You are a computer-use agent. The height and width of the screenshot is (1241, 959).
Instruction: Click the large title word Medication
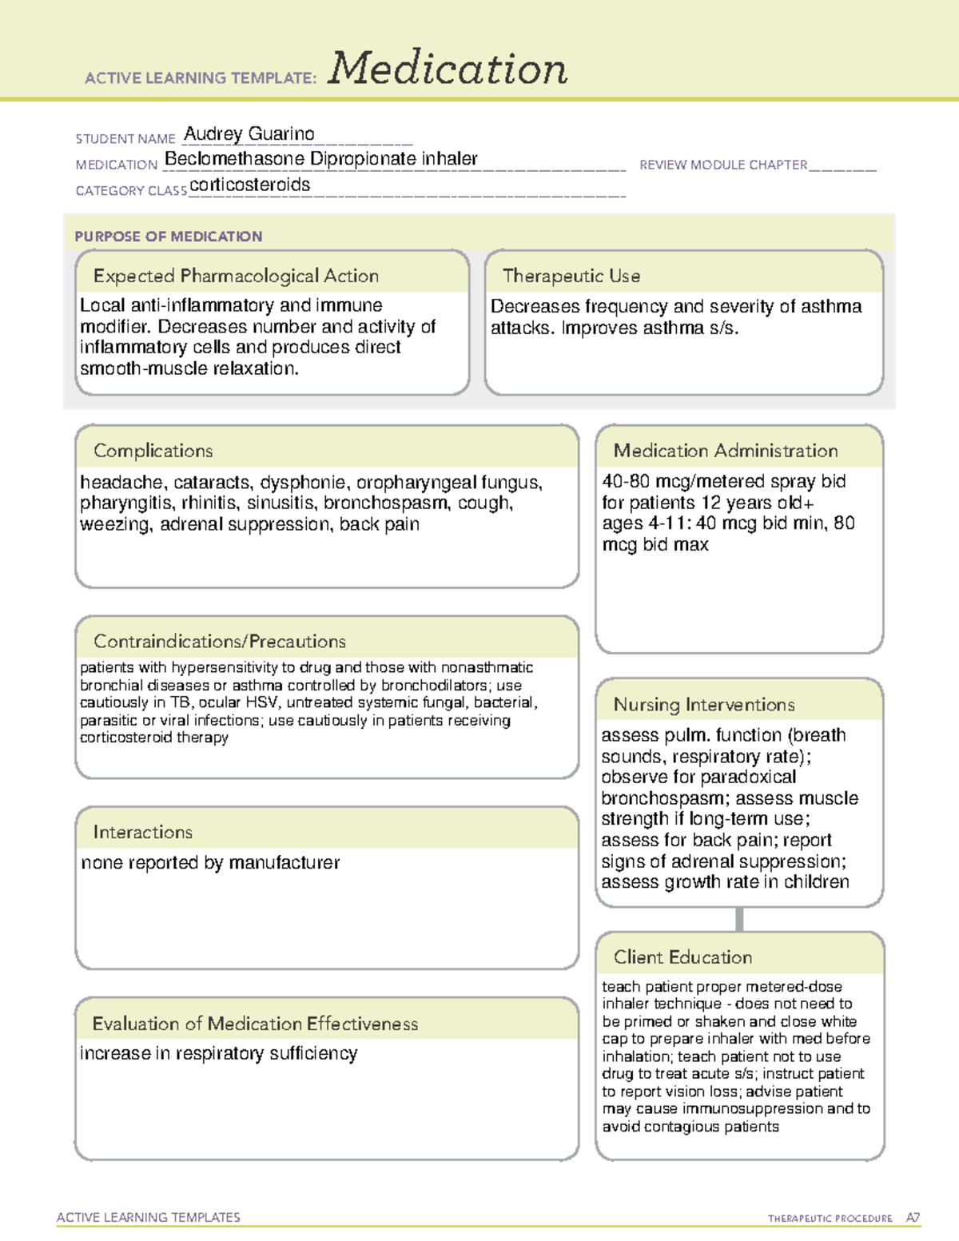point(448,69)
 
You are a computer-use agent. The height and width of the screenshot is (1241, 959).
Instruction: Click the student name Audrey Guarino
point(249,133)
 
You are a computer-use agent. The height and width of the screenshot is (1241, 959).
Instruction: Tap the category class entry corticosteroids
point(249,185)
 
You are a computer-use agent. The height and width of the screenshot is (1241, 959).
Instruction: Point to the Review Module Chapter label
point(723,165)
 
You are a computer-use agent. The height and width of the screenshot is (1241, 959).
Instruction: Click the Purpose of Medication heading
point(168,237)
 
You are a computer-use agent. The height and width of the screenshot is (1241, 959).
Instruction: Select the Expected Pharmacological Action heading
point(236,276)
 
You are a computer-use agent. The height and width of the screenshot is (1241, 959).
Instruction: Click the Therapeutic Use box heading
point(571,276)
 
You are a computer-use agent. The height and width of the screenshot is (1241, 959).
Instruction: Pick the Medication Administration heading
point(726,451)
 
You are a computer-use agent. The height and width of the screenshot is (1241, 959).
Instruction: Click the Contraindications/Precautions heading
point(220,642)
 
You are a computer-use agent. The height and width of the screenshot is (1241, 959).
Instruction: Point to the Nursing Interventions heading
point(704,705)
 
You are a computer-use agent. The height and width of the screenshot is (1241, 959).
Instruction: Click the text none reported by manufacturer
point(210,863)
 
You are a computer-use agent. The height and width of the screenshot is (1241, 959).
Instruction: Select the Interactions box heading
point(143,833)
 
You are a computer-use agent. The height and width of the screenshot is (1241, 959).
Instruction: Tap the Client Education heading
point(682,957)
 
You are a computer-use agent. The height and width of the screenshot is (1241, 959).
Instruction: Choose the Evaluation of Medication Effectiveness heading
point(255,1024)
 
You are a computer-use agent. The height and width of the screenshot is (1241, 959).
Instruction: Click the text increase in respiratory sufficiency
point(218,1054)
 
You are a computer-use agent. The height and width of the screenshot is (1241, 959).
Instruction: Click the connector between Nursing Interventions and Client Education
point(739,920)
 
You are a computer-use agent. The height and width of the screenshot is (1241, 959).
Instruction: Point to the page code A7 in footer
point(913,1218)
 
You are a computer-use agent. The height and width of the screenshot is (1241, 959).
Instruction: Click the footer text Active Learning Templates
point(149,1217)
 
